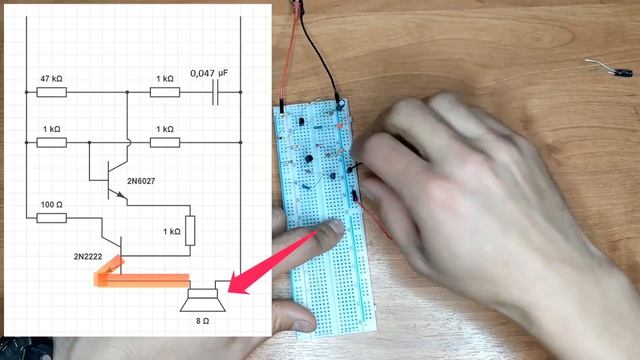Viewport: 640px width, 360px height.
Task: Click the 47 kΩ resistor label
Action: (x=51, y=79)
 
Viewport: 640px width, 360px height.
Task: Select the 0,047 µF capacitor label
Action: (x=209, y=73)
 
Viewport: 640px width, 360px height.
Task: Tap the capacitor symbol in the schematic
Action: (x=216, y=92)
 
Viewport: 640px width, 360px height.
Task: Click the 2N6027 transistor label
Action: (x=141, y=181)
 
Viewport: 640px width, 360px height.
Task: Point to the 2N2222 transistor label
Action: (x=88, y=256)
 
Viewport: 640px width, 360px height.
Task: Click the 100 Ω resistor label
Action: (x=52, y=204)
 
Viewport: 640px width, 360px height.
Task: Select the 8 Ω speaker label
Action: (x=202, y=321)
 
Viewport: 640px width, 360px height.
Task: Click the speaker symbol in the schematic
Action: (x=203, y=300)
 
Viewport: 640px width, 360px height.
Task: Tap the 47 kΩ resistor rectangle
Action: (x=52, y=92)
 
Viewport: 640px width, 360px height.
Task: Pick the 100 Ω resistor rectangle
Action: (x=52, y=218)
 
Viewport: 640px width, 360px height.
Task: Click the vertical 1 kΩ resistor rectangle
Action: (x=190, y=231)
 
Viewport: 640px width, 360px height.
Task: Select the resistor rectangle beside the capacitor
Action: (x=165, y=92)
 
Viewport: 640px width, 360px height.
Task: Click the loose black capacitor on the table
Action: (x=622, y=73)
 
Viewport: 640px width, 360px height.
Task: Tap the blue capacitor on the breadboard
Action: (x=340, y=105)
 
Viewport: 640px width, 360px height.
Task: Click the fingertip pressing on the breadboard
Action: (x=335, y=227)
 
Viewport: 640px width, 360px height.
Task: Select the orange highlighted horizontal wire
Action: (x=142, y=280)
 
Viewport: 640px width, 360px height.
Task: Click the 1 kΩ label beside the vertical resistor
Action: (x=172, y=231)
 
